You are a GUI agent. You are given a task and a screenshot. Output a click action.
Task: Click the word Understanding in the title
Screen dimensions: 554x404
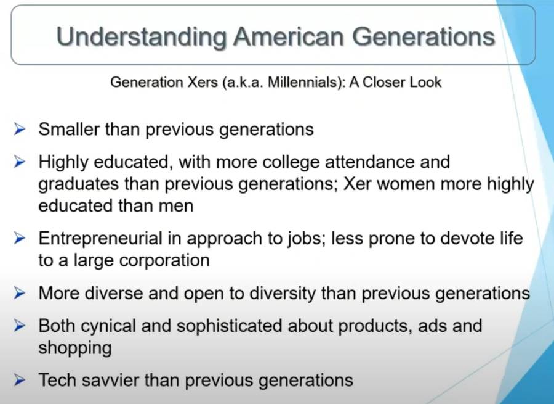coord(142,37)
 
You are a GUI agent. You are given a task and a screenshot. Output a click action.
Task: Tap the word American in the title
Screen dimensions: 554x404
coord(289,36)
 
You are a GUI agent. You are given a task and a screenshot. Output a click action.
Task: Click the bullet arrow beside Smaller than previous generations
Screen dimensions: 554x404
coord(20,130)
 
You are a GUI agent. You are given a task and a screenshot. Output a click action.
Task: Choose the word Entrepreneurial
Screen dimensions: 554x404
coord(100,238)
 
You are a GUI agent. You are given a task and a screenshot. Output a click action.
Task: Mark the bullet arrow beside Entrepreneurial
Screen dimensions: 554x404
coord(20,238)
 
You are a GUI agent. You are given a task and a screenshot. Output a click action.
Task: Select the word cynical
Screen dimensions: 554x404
coord(108,326)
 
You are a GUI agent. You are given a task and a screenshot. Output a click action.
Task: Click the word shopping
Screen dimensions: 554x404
coord(75,348)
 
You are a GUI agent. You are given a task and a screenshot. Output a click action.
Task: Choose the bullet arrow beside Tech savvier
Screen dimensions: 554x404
coord(20,380)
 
